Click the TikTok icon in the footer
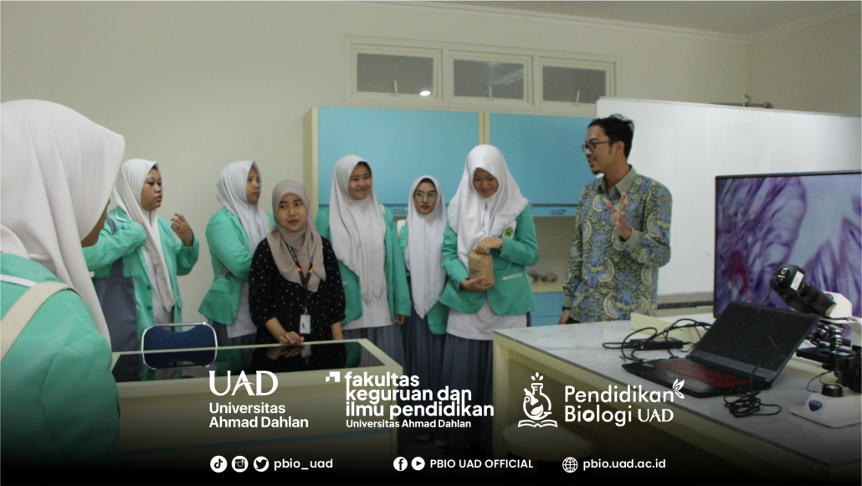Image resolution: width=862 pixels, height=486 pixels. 218,464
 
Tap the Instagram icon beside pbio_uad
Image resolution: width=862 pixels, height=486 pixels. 239,464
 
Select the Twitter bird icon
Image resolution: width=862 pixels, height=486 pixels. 261,464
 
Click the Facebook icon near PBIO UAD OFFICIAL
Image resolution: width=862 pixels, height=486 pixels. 400,464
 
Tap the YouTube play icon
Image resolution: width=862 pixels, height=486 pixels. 418,464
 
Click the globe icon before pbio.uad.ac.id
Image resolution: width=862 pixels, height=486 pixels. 570,464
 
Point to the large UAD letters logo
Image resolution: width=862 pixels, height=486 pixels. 243,383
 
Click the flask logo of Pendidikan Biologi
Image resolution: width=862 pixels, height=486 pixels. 537,401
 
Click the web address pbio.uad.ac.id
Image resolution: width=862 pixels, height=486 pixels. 624,464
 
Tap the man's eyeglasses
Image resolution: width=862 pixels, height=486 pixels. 595,146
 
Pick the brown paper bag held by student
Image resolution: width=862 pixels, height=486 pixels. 481,268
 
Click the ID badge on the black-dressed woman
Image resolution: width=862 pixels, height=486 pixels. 305,323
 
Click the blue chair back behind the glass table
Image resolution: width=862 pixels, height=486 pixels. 179,345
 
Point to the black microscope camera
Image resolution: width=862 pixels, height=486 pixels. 801,290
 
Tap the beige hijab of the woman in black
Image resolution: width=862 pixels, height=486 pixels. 295,236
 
